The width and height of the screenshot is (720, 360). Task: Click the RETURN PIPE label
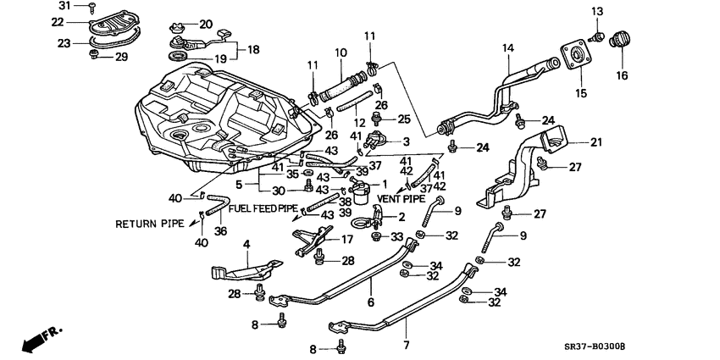coord(149,224)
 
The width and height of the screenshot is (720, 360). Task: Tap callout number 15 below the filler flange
coord(580,91)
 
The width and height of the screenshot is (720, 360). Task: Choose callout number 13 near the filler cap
coord(597,10)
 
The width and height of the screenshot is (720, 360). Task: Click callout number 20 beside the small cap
coord(206,24)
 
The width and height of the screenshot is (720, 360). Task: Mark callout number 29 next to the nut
coord(121,57)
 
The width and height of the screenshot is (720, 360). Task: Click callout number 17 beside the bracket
coord(346,240)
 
